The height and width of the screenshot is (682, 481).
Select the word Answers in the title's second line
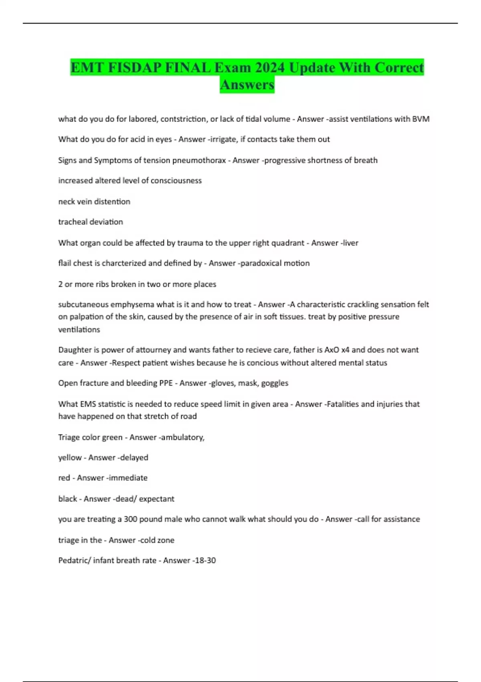click(x=247, y=85)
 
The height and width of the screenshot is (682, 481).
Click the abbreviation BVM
click(x=421, y=119)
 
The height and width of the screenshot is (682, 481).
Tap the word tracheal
click(x=72, y=222)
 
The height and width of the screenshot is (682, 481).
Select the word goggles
click(x=275, y=383)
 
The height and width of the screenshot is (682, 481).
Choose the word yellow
click(x=70, y=458)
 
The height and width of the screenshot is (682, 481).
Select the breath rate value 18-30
click(x=205, y=560)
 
